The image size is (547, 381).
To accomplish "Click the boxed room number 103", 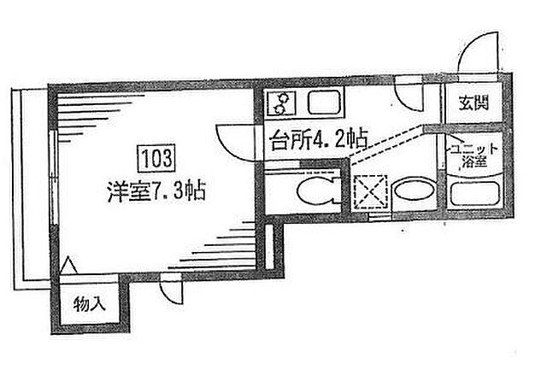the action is coord(156,159).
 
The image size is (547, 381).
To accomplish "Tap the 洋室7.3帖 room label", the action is coord(156,190).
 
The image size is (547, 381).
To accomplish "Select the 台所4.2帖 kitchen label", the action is coord(319,139).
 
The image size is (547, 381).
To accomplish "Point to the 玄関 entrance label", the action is coord(473,103).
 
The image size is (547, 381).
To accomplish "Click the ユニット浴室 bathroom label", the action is coord(473,155).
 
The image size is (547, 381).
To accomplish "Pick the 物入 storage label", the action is coord(89,304).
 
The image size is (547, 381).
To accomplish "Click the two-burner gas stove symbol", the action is coord(281,103).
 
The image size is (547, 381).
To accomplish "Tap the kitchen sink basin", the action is coord(325,103).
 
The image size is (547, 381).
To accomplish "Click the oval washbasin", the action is coord(414,190).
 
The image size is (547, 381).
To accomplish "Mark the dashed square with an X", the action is coord(370,191).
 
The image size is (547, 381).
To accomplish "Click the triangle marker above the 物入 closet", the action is coord(68,266).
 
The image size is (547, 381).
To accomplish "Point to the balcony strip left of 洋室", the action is coord(31,189).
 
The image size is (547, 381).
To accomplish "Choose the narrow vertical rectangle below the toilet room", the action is coord(270,247).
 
